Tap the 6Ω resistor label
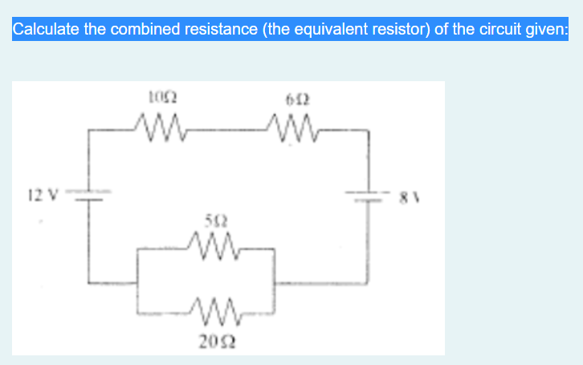[297, 101]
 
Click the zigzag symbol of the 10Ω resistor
[158, 126]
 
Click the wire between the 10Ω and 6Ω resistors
[227, 127]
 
